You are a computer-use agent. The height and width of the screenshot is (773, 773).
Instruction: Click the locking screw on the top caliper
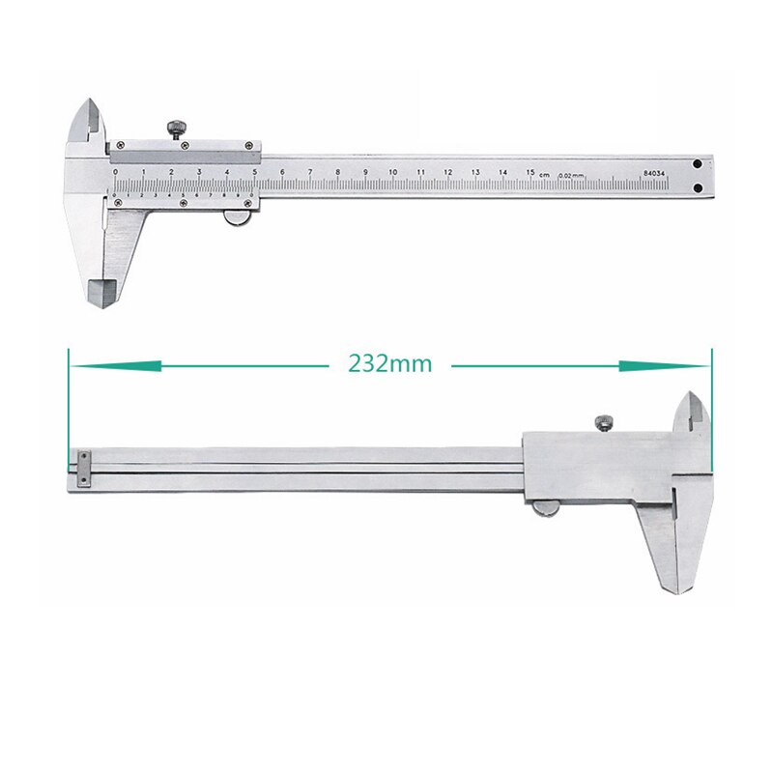tap(178, 128)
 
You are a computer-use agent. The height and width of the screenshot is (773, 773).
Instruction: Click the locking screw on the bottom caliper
tap(601, 420)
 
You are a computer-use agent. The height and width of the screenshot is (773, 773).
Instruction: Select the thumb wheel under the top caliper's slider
tap(236, 219)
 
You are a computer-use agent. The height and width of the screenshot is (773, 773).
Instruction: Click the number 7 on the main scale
tap(310, 174)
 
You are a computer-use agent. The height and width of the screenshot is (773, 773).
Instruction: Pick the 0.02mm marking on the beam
tap(572, 174)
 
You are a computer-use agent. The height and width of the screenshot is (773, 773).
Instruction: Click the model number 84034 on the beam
tap(655, 173)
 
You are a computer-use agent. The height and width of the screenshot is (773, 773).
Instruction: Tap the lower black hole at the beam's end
tap(699, 183)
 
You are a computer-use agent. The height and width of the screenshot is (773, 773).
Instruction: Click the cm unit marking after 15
tap(545, 174)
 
